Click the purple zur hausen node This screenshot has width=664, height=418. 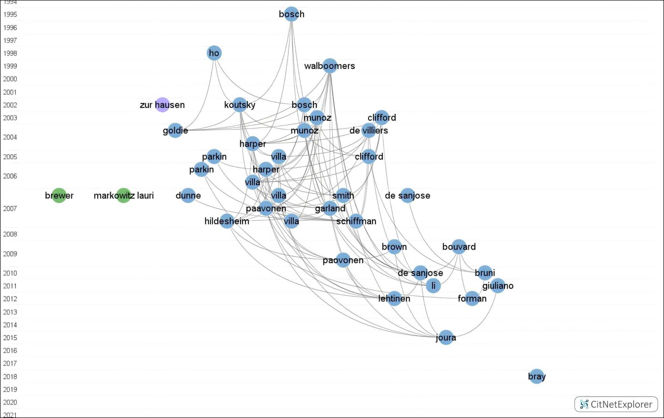(162, 105)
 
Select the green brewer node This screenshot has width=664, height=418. (59, 195)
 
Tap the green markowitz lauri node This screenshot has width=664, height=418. (124, 195)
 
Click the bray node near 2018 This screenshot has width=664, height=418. (537, 376)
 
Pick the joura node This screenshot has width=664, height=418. (446, 338)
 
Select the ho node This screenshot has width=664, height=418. (214, 53)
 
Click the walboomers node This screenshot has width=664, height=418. (330, 66)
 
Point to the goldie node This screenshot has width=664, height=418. (175, 130)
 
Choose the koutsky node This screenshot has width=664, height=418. (240, 105)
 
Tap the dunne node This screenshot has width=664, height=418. (188, 195)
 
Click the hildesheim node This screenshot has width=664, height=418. (227, 221)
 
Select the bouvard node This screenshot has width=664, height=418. (459, 247)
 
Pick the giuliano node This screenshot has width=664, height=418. (498, 285)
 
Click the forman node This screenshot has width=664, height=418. (472, 298)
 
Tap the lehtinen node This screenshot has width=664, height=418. (394, 298)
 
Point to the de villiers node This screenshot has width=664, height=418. (369, 130)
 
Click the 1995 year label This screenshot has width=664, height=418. (10, 14)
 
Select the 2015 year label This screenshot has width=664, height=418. (10, 338)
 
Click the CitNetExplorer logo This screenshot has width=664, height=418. (616, 404)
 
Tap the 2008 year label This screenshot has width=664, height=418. (10, 234)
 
